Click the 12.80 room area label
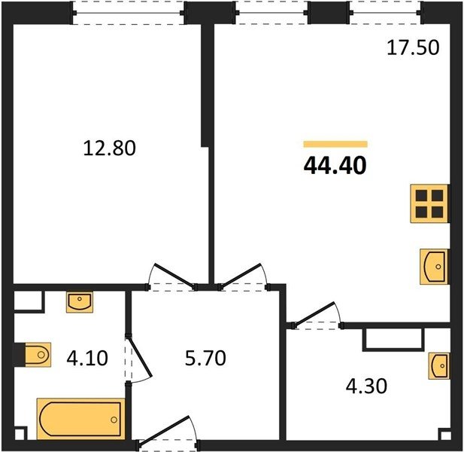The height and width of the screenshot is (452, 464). [x=110, y=148]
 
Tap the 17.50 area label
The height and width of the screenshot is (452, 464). [x=413, y=47]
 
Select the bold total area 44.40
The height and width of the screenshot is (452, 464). [x=335, y=166]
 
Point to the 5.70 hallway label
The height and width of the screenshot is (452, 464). [x=205, y=358]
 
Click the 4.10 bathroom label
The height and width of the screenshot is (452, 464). [x=87, y=358]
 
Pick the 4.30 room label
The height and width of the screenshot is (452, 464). [x=366, y=386]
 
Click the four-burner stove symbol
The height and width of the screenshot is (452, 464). [x=429, y=203]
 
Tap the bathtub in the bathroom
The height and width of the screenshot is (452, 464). [x=80, y=419]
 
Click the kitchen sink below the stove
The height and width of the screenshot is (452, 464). [x=434, y=267]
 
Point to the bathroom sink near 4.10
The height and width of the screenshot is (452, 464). [x=79, y=302]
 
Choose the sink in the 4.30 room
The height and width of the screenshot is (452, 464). [x=439, y=366]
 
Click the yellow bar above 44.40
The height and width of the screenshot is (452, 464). [x=335, y=145]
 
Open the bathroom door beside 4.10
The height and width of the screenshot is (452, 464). [x=138, y=359]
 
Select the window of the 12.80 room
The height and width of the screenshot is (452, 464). [x=129, y=13]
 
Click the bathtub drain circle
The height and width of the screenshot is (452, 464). [x=114, y=420]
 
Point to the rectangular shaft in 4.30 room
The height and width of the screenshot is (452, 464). [x=393, y=340]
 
